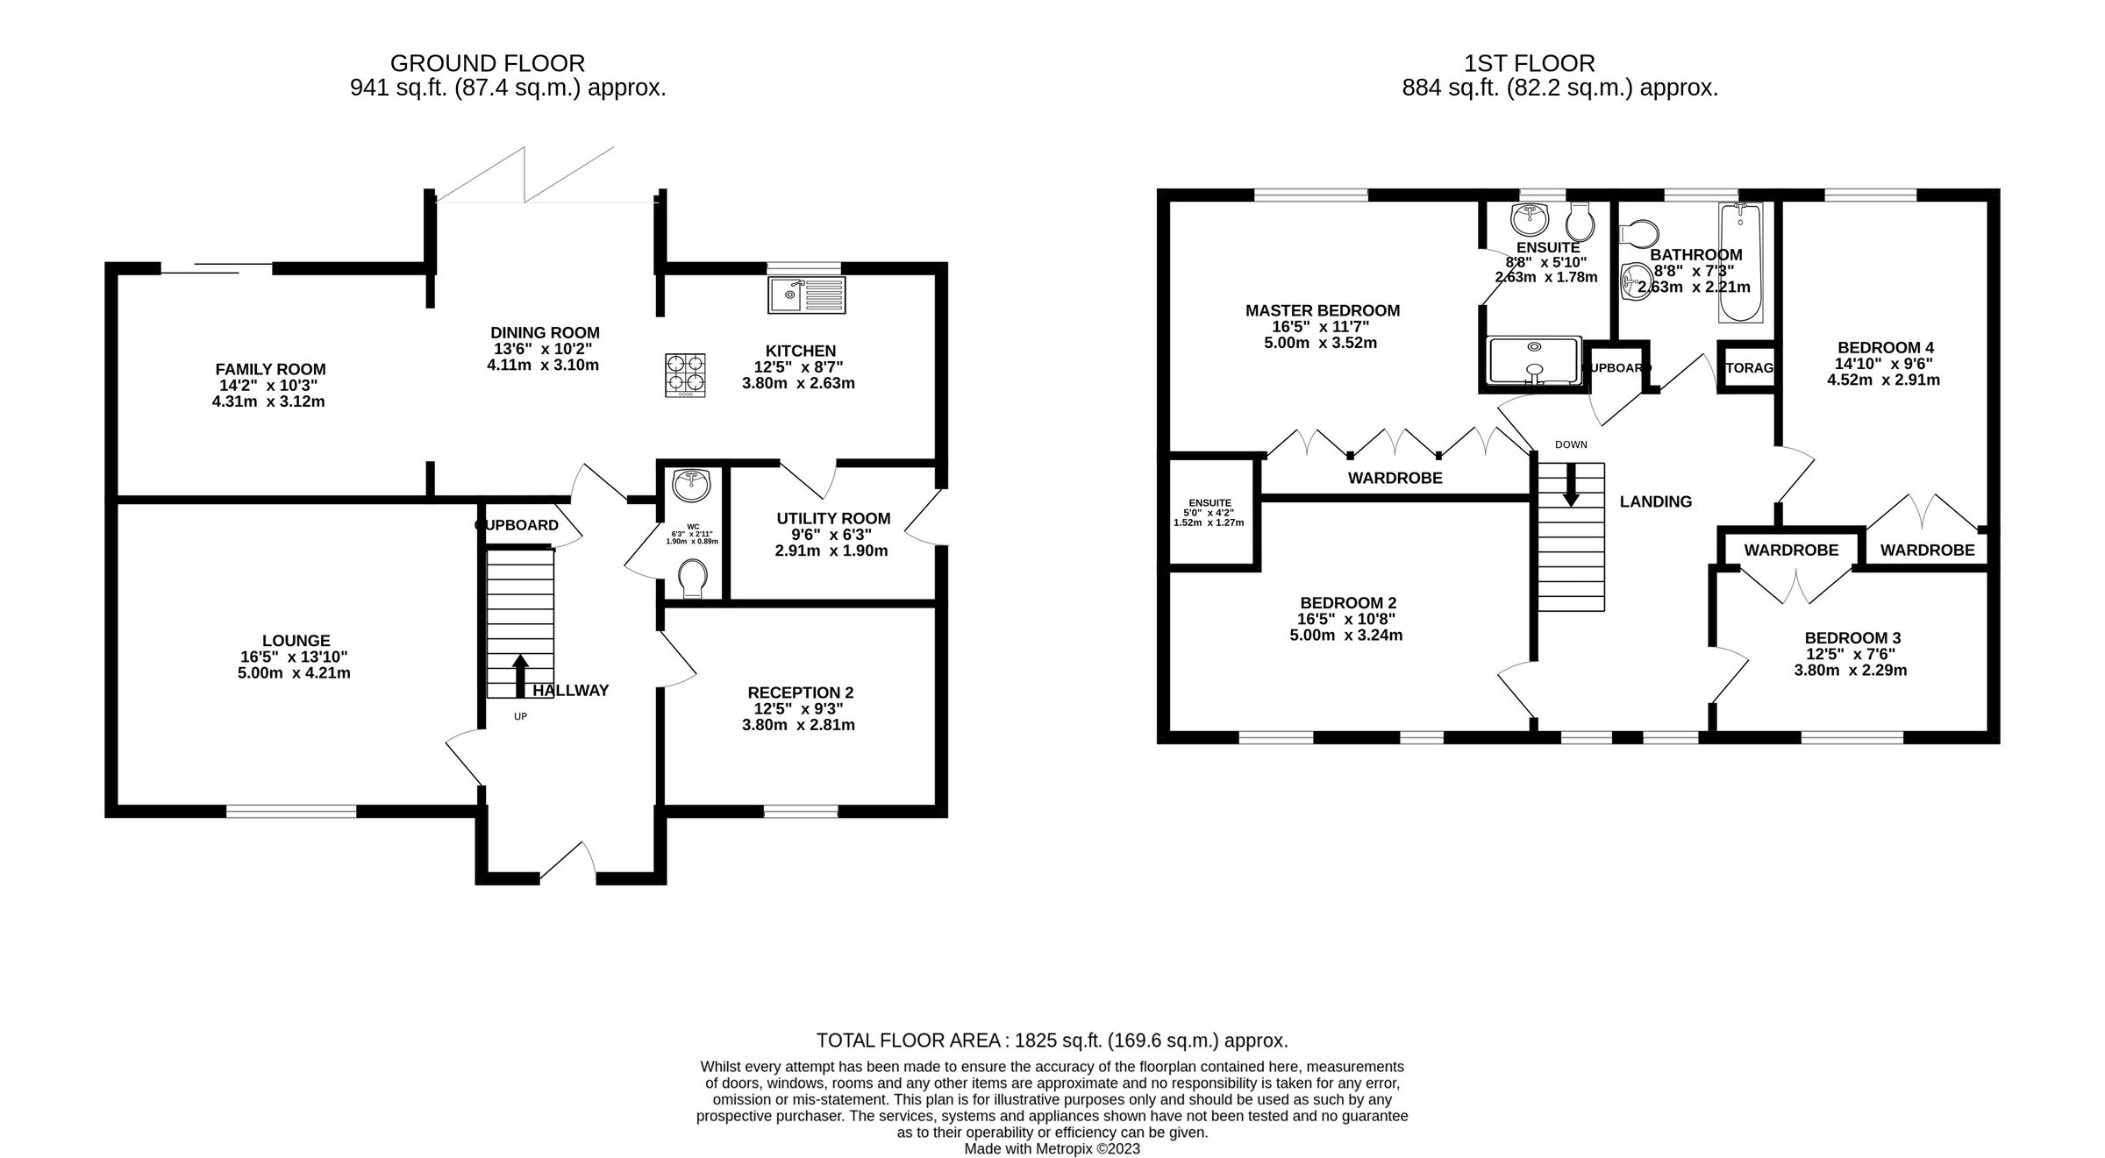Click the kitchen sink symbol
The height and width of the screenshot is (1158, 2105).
click(806, 295)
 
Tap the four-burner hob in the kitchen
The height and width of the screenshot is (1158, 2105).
click(685, 374)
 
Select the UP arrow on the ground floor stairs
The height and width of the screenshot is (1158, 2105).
click(520, 675)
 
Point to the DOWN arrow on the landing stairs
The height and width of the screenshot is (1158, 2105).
click(1571, 484)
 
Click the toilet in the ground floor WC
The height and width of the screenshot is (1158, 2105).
click(693, 579)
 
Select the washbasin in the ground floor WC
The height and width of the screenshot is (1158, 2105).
click(692, 484)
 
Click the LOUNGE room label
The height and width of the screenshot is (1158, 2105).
click(296, 641)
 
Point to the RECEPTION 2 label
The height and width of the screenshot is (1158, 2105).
click(800, 693)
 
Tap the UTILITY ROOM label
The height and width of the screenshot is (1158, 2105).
click(833, 519)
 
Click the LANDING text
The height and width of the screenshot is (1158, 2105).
click(1655, 501)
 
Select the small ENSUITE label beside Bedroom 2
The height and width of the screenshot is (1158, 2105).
click(1209, 503)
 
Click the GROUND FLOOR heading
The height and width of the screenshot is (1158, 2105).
click(487, 63)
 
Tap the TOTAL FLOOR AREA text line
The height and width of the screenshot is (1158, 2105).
click(1052, 1041)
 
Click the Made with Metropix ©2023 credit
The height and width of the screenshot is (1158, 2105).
click(1052, 1148)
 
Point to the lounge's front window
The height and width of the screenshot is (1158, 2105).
click(291, 811)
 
